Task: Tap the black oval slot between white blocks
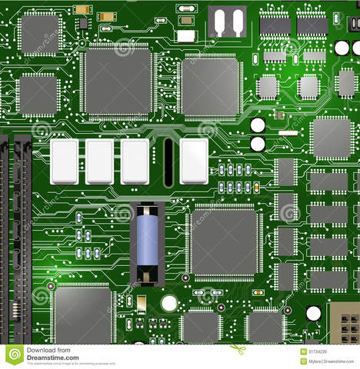click(x=168, y=162)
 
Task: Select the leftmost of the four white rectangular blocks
click(x=64, y=161)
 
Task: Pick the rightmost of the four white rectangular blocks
click(x=194, y=161)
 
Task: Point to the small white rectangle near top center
click(x=185, y=35)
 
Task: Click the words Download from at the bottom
click(x=48, y=350)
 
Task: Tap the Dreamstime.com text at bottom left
click(x=52, y=357)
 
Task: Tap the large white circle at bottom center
click(x=169, y=303)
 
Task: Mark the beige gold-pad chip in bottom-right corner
click(x=344, y=323)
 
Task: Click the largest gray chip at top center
click(x=118, y=81)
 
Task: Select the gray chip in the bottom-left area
click(x=82, y=315)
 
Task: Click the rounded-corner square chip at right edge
click(x=332, y=138)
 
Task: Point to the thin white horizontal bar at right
click(x=288, y=133)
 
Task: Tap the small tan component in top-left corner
click(x=82, y=10)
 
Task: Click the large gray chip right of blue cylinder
click(x=224, y=242)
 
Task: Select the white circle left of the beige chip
click(x=313, y=313)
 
